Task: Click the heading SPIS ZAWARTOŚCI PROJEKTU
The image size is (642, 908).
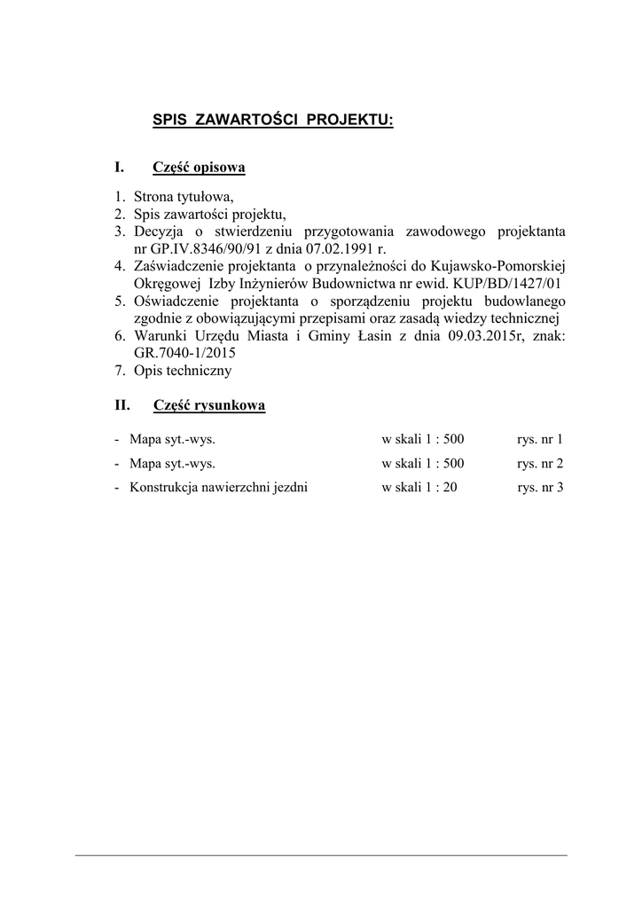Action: tap(272, 119)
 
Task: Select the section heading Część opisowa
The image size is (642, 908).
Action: tap(199, 168)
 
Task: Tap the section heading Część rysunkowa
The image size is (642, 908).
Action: tap(208, 406)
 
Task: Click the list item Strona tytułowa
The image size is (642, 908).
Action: tap(184, 197)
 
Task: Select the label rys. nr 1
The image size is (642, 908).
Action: tap(539, 439)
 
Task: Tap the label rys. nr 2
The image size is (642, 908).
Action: tap(539, 463)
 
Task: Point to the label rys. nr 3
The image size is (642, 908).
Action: tap(539, 487)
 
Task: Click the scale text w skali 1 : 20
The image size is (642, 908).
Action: tap(419, 487)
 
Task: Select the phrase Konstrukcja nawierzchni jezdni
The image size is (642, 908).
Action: tap(218, 487)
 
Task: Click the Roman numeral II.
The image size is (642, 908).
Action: tap(122, 406)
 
